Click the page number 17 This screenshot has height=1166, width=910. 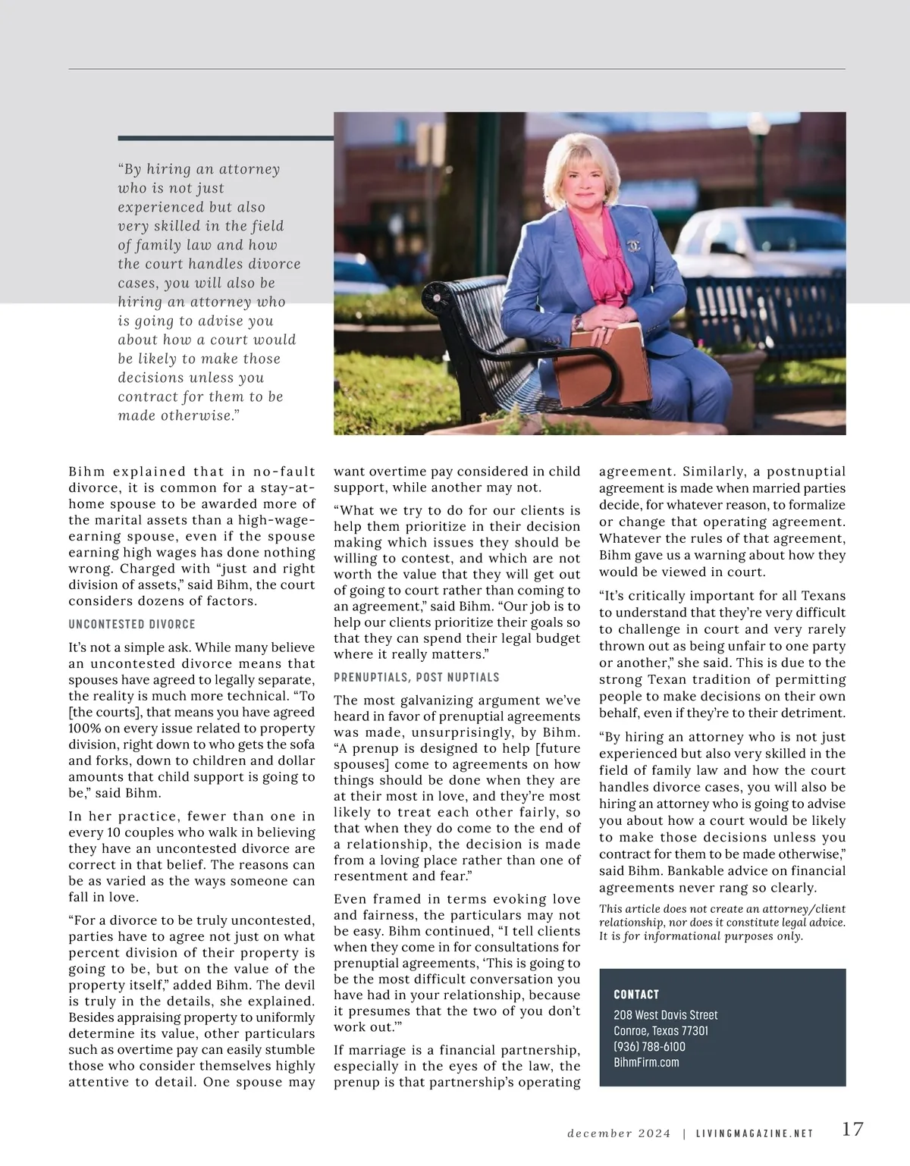pos(852,1129)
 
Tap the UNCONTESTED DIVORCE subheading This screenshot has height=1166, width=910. pos(132,624)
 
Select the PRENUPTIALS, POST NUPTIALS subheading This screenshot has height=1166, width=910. pos(416,677)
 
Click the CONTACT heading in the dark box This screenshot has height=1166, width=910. pos(636,994)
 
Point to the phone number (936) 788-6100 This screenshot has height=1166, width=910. pos(649,1046)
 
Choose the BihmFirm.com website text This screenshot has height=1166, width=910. pos(646,1062)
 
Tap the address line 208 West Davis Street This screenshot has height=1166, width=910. pos(665,1014)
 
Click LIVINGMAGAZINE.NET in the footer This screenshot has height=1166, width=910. pos(754,1133)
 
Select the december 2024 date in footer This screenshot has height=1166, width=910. pos(619,1133)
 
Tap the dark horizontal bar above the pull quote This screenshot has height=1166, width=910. pos(225,138)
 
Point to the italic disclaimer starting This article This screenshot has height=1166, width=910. pos(721,922)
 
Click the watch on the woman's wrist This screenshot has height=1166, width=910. pos(579,321)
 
